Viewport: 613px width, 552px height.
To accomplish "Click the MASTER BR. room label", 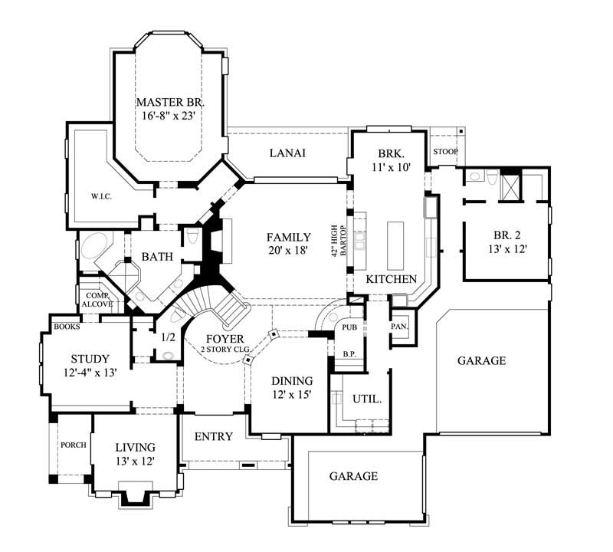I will click(170, 102).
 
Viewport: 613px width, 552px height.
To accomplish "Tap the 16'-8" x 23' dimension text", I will click(170, 117).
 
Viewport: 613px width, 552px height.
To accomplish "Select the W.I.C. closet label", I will click(101, 196).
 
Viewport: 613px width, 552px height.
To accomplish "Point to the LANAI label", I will click(288, 153).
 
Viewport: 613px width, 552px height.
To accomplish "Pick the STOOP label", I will click(445, 152).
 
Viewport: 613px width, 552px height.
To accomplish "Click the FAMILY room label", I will click(288, 237).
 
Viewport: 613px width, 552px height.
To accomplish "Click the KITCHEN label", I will click(391, 279).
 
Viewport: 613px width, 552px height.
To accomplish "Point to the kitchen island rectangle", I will click(395, 242).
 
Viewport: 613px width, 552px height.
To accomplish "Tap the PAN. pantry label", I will click(399, 326).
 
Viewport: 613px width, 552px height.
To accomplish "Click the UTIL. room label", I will click(366, 399).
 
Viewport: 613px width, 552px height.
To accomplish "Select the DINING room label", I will click(292, 380).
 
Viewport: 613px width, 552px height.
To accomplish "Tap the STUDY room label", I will click(90, 358).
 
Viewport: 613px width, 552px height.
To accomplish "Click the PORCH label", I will click(74, 445).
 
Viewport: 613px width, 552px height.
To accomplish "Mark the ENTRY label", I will click(213, 436).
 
